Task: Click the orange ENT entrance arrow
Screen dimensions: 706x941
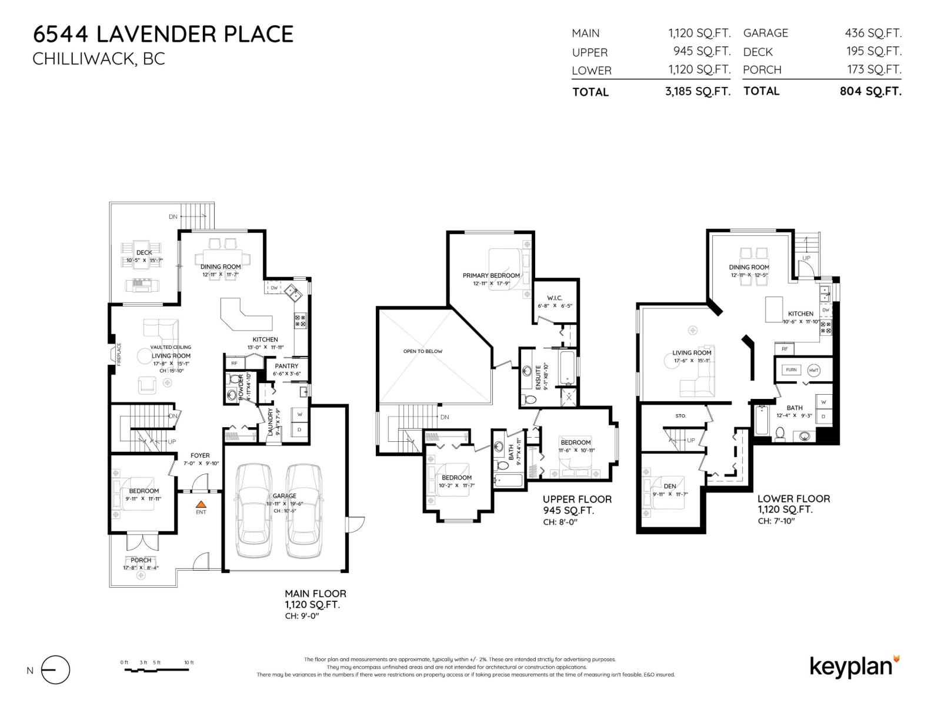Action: pyautogui.click(x=201, y=504)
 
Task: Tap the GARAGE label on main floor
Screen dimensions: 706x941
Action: pyautogui.click(x=284, y=496)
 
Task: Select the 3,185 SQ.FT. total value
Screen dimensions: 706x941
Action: pyautogui.click(x=698, y=92)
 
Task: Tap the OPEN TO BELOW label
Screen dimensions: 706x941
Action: pyautogui.click(x=423, y=351)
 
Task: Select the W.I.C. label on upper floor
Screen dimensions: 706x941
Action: pyautogui.click(x=554, y=298)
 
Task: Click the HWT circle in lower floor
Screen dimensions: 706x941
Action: pyautogui.click(x=814, y=370)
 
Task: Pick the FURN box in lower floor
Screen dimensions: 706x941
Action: pyautogui.click(x=792, y=370)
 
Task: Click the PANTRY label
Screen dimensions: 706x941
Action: pyautogui.click(x=286, y=366)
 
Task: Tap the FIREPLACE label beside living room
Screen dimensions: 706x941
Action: pyautogui.click(x=119, y=355)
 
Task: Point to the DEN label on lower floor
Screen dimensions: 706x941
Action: pyautogui.click(x=670, y=486)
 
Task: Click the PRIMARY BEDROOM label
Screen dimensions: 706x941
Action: pyautogui.click(x=491, y=275)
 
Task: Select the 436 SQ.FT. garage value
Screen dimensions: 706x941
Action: pyautogui.click(x=873, y=34)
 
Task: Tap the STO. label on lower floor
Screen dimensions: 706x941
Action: pyautogui.click(x=680, y=416)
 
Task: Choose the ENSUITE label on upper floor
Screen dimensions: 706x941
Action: pyautogui.click(x=538, y=378)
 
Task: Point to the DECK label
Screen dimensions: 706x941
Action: pyautogui.click(x=144, y=252)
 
